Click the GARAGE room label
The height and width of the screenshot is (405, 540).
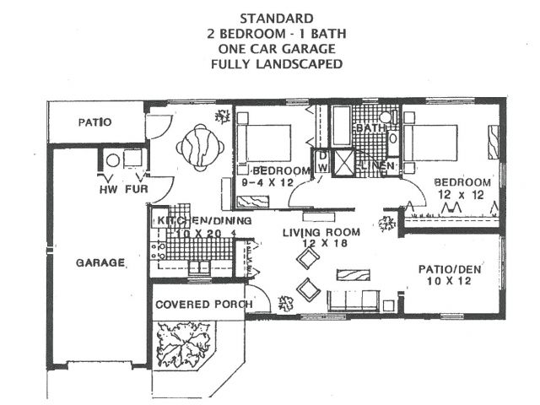100,262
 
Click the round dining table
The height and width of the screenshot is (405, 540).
201,147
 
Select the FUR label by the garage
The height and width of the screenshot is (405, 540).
137,188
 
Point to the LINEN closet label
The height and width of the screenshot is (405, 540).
376,168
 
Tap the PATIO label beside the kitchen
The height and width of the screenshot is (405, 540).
95,122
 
